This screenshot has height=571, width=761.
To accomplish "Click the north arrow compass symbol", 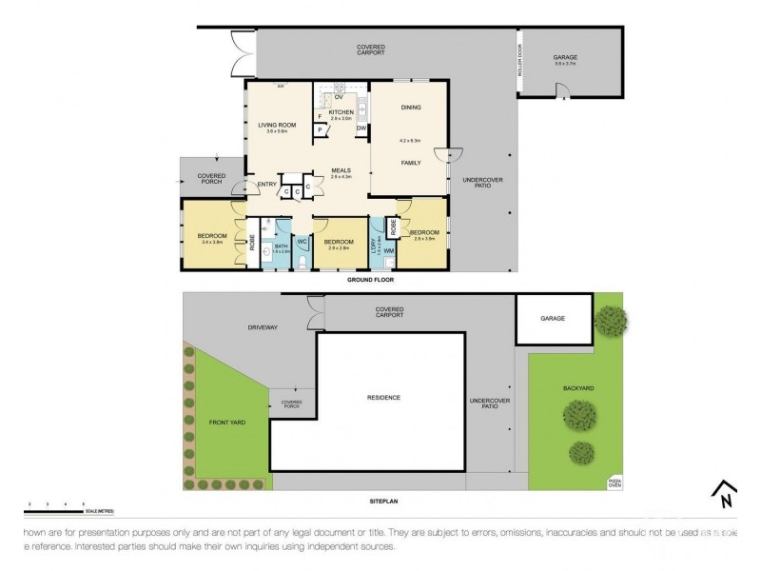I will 725,494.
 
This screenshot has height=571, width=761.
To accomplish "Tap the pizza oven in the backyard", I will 614,482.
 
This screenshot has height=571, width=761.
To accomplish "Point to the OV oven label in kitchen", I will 338,96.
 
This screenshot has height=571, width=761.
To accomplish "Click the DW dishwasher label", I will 361,128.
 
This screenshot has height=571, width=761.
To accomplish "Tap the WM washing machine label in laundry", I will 389,250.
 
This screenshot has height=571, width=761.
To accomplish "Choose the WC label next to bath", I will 302,242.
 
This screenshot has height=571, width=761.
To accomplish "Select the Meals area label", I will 341,172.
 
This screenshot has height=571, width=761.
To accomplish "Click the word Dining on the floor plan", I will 411,108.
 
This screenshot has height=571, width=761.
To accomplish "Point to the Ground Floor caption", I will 371,281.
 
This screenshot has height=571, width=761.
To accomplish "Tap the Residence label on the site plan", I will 385,397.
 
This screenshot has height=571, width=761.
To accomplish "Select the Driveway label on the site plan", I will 263,327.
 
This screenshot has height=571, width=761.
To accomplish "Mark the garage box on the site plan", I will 553,321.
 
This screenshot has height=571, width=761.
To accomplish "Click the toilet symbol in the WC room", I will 302,264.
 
